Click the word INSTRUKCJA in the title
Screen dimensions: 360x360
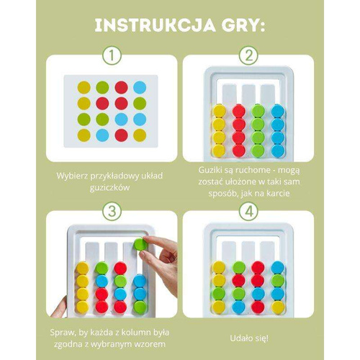pyautogui.click(x=156, y=26)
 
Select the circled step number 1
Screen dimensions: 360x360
pyautogui.click(x=112, y=55)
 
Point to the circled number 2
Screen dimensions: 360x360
pyautogui.click(x=248, y=55)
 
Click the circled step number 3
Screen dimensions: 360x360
pyautogui.click(x=112, y=211)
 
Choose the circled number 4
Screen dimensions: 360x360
pyautogui.click(x=248, y=211)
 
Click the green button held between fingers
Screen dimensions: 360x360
pyautogui.click(x=140, y=244)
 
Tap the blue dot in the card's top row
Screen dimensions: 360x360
pyautogui.click(x=140, y=87)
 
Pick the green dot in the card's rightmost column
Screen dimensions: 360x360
pyautogui.click(x=140, y=103)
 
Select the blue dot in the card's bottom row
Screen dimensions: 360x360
pyautogui.click(x=102, y=135)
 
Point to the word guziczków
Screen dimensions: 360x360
pyautogui.click(x=109, y=188)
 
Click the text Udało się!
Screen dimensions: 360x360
pyautogui.click(x=249, y=338)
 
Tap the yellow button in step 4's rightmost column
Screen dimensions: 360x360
pyautogui.click(x=278, y=307)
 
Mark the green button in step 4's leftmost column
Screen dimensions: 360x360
pyautogui.click(x=219, y=293)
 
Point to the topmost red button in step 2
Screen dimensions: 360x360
pyautogui.click(x=239, y=111)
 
